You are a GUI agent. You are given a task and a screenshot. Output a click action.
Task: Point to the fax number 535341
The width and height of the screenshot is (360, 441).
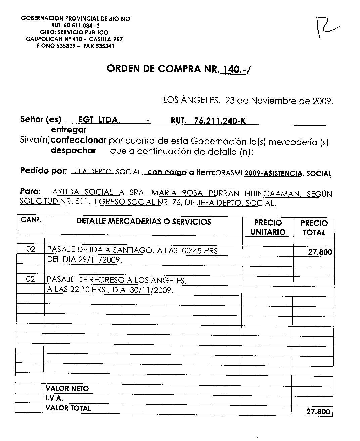105,46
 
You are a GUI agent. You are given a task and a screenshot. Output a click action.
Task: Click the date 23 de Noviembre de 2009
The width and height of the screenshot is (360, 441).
279,101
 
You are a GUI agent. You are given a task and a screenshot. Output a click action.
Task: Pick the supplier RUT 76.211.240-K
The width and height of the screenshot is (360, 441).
220,121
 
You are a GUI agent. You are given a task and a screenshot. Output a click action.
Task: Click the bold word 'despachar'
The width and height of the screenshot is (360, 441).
73,151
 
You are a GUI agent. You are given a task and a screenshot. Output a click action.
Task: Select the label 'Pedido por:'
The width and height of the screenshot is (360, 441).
44,171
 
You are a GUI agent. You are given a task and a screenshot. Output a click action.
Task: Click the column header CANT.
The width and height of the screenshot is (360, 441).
31,220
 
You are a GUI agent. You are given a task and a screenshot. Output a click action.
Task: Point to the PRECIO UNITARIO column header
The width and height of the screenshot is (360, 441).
268,227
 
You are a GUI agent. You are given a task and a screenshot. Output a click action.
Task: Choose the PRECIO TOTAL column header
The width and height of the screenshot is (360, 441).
314,228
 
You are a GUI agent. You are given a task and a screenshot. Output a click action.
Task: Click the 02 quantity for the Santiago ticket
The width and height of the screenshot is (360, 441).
31,250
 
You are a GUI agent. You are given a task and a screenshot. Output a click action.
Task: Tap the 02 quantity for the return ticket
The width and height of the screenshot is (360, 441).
31,279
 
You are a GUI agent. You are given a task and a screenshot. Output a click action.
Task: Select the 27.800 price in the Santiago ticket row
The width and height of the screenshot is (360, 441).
320,252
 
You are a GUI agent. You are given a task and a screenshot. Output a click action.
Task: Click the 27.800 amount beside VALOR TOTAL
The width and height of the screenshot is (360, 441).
318,411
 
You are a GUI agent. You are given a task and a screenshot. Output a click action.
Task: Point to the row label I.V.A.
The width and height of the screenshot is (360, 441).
54,399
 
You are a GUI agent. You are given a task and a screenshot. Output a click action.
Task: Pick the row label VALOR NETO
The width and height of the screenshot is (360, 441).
67,389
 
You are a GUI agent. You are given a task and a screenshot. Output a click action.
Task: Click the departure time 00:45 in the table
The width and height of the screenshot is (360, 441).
191,250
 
